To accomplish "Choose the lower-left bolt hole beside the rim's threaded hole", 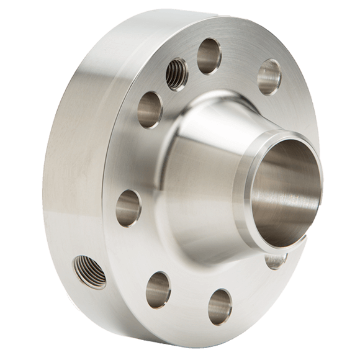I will coord(158,284).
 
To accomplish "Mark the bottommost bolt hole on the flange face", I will coord(218,304).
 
